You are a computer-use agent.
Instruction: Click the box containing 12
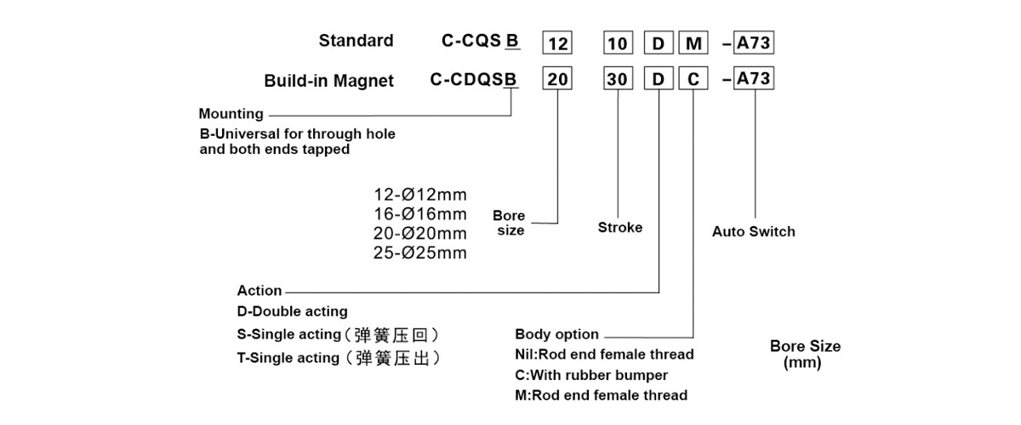[x=557, y=42]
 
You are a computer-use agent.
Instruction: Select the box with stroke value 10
[x=618, y=42]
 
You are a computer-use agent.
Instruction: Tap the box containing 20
[x=557, y=78]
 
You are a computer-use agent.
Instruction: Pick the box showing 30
[x=618, y=78]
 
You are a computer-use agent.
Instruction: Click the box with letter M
[x=693, y=42]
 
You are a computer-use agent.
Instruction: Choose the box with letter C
[x=693, y=78]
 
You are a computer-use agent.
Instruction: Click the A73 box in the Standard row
[x=754, y=42]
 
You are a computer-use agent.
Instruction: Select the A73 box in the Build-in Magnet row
[x=754, y=78]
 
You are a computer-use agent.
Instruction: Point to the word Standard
[x=356, y=41]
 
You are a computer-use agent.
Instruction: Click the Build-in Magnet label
[x=328, y=81]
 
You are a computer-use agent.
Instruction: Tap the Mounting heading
[x=231, y=113]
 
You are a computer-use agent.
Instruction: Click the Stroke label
[x=620, y=227]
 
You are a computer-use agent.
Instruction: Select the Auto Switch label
[x=754, y=231]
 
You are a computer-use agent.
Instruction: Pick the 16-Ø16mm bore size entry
[x=420, y=214]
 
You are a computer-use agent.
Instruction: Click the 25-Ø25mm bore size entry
[x=420, y=252]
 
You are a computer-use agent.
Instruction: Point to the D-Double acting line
[x=292, y=312]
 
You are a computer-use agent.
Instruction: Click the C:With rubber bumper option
[x=591, y=376]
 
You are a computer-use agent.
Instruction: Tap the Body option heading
[x=556, y=334]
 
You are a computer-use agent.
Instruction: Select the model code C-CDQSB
[x=474, y=79]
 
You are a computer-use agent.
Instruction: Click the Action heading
[x=260, y=291]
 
